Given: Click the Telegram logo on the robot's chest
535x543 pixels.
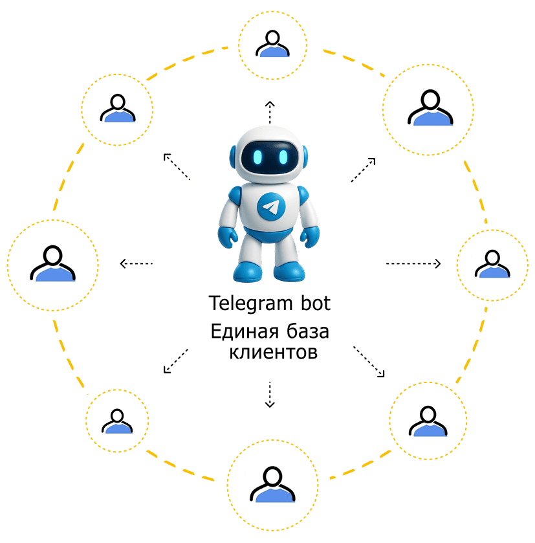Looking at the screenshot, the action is point(271,206).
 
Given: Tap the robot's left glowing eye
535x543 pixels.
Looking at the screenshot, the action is point(257,157).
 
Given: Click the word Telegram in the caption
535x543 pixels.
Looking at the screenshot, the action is point(251,304).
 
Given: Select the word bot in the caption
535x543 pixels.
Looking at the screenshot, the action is point(316,303).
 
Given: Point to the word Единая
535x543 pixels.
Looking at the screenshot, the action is point(245,332).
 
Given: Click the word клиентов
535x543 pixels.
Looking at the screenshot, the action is point(274,353).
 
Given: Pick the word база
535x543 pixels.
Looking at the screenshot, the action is point(308,331).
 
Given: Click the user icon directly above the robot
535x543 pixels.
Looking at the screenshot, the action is point(273,43).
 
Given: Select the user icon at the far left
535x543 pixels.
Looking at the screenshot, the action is point(52,263).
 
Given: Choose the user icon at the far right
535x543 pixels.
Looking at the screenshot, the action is point(492,264).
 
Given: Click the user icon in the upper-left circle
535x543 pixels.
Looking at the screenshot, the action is point(118,108).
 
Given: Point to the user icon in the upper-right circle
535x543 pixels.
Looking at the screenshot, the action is point(430,107).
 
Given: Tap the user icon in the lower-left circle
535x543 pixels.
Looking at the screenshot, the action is point(117,421).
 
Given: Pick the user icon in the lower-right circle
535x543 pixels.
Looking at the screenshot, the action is point(428,421).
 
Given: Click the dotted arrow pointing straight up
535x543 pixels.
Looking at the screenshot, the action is point(270,113).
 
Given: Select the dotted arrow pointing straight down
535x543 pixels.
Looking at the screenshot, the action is point(270,395).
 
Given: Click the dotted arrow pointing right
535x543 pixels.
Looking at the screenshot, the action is point(413,263).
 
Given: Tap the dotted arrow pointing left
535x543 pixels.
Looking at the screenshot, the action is point(136,263).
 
